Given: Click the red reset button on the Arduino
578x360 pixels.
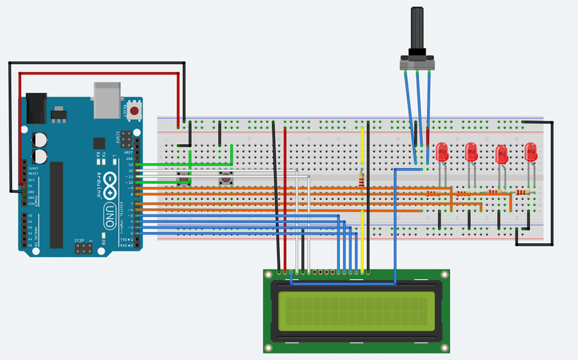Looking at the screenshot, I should click(x=136, y=109).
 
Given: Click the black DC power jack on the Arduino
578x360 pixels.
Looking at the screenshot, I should click(x=37, y=105).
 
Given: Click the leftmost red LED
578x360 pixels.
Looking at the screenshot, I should click(x=441, y=150).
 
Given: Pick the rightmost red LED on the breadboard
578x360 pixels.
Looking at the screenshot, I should click(x=530, y=150).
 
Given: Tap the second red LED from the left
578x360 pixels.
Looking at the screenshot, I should click(x=471, y=150).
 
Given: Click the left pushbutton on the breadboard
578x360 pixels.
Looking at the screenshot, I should click(x=185, y=180).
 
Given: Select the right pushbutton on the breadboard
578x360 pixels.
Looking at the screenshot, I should click(x=226, y=180).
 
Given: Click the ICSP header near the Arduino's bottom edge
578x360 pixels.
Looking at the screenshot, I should click(x=82, y=249).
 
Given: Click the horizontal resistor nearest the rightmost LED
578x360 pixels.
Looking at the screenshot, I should click(x=523, y=193).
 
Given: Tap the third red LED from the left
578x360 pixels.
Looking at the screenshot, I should click(x=501, y=152).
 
